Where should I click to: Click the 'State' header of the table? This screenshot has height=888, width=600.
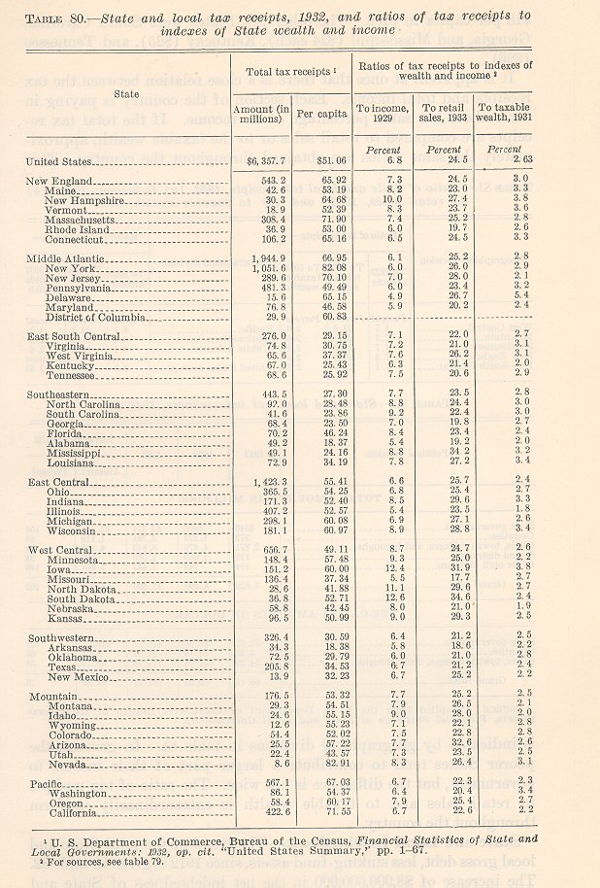click(x=126, y=93)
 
